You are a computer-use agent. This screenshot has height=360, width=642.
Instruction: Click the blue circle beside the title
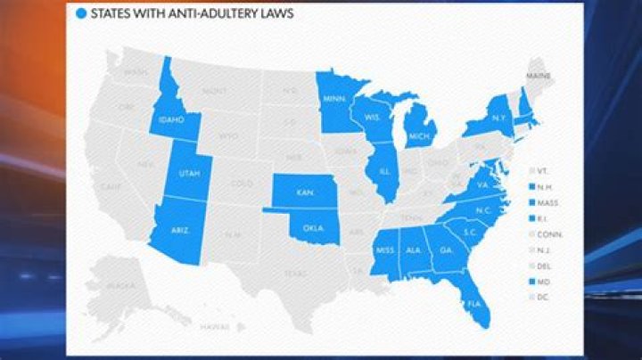[82, 13]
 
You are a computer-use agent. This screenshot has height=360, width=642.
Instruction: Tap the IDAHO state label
[171, 119]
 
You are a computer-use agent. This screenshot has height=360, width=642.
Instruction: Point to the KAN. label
[302, 191]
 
